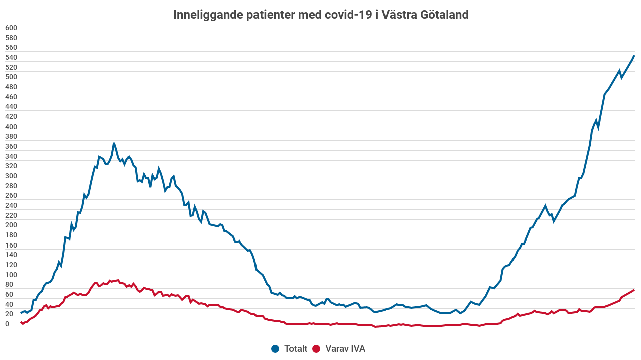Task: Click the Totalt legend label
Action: pyautogui.click(x=295, y=349)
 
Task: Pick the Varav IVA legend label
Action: pyautogui.click(x=345, y=349)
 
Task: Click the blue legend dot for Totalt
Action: pyautogui.click(x=275, y=349)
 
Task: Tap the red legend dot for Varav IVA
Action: pyautogui.click(x=316, y=349)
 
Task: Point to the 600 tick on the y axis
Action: pyautogui.click(x=11, y=28)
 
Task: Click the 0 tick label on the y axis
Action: pyautogui.click(x=8, y=324)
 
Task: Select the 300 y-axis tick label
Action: pyautogui.click(x=11, y=176)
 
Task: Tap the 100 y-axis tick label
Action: pyautogui.click(x=11, y=275)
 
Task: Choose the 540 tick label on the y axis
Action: pyautogui.click(x=11, y=58)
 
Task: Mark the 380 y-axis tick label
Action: pyautogui.click(x=11, y=137)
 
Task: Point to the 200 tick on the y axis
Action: pyautogui.click(x=11, y=225)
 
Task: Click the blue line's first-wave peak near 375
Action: pyautogui.click(x=114, y=143)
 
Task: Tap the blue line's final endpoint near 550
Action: pyautogui.click(x=634, y=56)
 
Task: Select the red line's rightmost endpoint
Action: pyautogui.click(x=634, y=290)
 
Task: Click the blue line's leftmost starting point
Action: pyautogui.click(x=21, y=313)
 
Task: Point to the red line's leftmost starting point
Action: pyautogui.click(x=21, y=322)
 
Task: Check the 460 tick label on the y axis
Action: pyautogui.click(x=11, y=97)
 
